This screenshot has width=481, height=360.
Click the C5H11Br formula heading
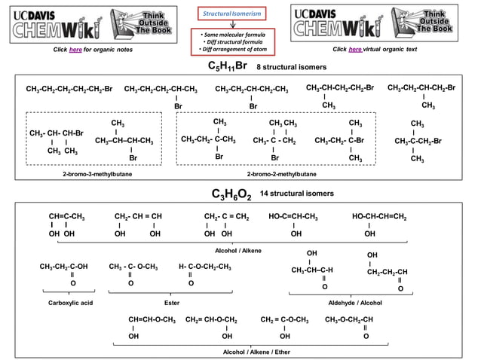[x=227, y=66]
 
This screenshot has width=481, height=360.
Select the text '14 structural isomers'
[x=296, y=194]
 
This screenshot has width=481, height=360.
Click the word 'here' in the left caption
[x=75, y=49]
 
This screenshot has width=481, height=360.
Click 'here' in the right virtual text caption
[x=355, y=49]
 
